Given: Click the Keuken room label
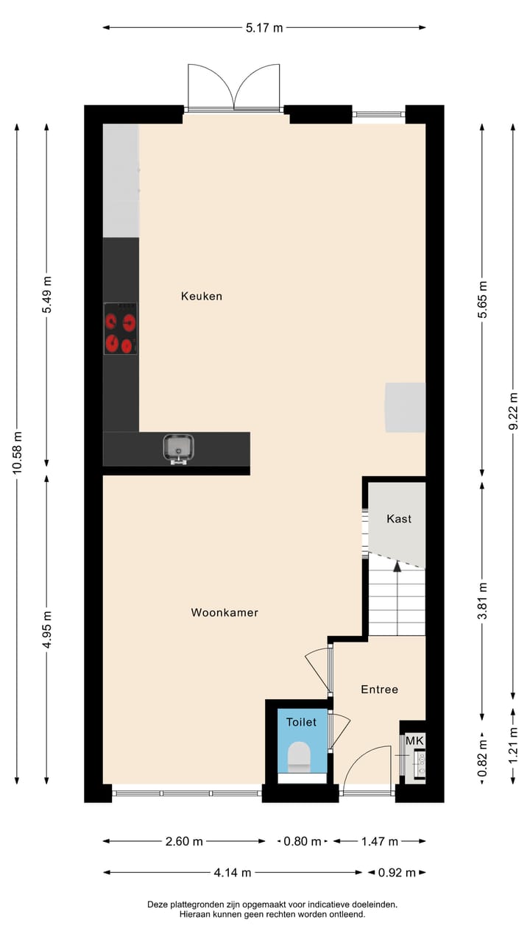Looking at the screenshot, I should click(202, 297).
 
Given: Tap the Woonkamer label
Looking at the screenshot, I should click(225, 612).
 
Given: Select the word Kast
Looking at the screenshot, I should click(399, 519).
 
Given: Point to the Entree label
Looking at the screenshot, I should click(379, 690).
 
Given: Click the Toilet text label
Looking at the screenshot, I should click(301, 722).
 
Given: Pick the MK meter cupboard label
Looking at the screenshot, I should click(414, 740).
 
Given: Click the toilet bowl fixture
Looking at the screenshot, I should click(299, 757).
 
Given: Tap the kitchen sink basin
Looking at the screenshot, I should click(179, 447).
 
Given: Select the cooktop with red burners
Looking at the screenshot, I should click(120, 328).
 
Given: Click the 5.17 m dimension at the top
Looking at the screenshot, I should click(264, 28).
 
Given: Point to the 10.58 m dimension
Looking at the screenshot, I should click(17, 454).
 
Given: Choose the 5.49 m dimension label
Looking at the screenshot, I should click(47, 295).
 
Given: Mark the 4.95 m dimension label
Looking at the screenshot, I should click(47, 630).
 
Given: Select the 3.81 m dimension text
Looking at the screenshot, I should click(483, 601).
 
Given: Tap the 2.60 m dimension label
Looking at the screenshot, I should click(183, 842).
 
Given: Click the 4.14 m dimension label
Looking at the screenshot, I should click(233, 873).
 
